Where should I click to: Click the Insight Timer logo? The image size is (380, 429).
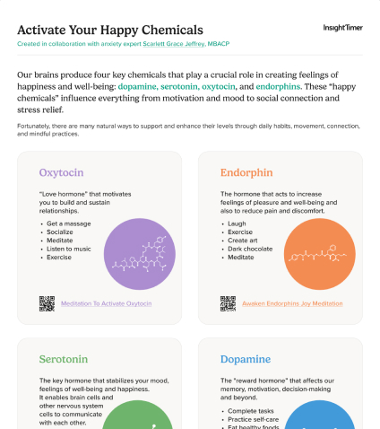tap(342, 28)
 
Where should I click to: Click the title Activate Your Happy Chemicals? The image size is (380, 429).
tap(109, 30)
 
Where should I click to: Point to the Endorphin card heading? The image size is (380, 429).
tap(246, 171)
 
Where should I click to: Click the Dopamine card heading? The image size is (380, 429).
tap(245, 359)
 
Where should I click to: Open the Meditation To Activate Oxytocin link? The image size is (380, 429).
tap(106, 303)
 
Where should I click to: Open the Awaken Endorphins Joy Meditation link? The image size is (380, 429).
tap(291, 303)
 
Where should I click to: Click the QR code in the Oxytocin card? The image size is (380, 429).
tap(47, 302)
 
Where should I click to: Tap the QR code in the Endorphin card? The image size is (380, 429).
tap(229, 302)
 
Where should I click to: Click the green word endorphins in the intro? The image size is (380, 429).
tap(277, 87)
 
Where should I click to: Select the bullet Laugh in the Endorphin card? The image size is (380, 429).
tap(237, 223)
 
